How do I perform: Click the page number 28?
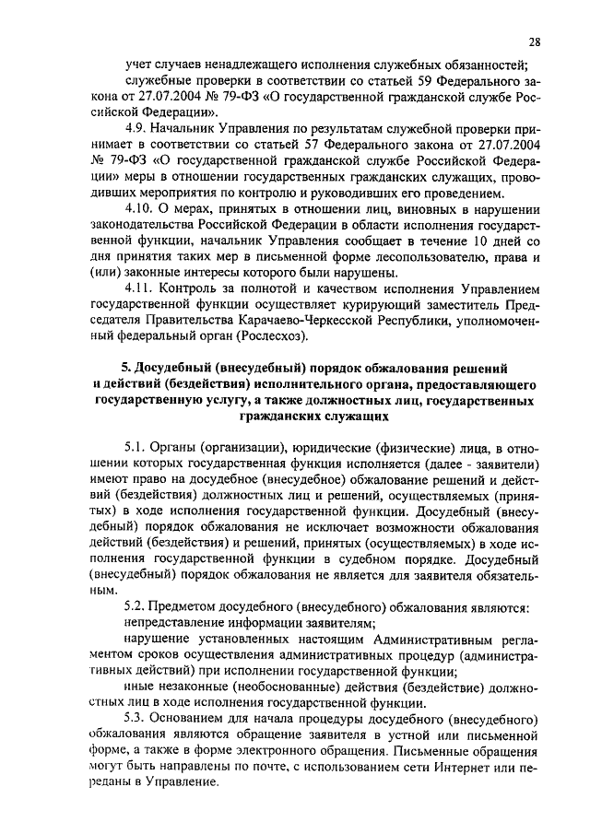(x=536, y=41)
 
